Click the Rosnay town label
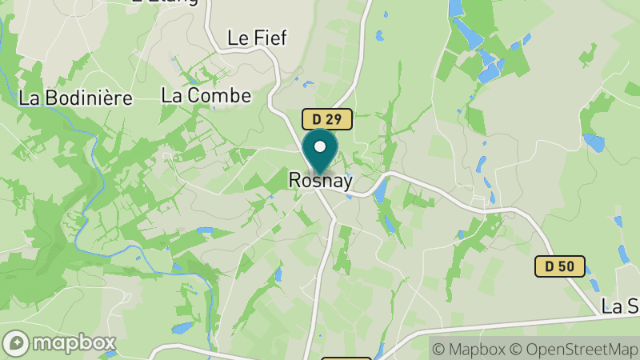[320, 182]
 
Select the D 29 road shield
[327, 119]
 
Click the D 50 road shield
[560, 266]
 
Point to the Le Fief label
[257, 38]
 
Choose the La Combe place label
[206, 95]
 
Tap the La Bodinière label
[75, 98]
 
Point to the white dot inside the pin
[320, 146]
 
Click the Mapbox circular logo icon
[16, 343]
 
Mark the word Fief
[270, 38]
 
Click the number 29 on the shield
[335, 119]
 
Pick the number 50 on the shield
[568, 266]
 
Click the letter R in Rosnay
[294, 182]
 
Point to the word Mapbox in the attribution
[478, 349]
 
